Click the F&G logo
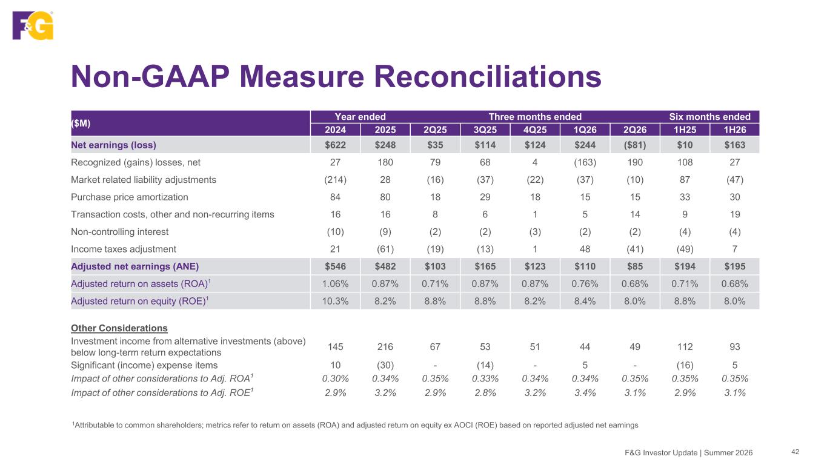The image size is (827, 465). point(33,25)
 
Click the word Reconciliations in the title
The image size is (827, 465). point(487,77)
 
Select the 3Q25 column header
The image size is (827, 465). point(485,130)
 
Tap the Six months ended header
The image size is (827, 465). point(709,117)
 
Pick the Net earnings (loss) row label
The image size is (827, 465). point(113,145)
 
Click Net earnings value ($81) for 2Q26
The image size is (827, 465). point(635,145)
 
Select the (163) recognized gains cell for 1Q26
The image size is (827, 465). point(585,162)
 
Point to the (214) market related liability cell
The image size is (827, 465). point(335,180)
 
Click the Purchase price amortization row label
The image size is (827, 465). point(129,197)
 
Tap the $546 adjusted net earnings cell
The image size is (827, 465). point(335,266)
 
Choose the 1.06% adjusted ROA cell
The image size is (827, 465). point(335,284)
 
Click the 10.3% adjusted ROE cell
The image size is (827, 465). point(335,301)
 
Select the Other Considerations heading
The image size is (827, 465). point(119,328)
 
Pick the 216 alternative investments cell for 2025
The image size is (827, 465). point(385,347)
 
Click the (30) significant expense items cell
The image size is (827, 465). point(385,365)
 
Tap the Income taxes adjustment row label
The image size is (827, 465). point(124,249)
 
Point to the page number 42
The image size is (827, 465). point(795,452)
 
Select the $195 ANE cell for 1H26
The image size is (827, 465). point(735,266)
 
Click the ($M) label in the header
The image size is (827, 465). point(81,124)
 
